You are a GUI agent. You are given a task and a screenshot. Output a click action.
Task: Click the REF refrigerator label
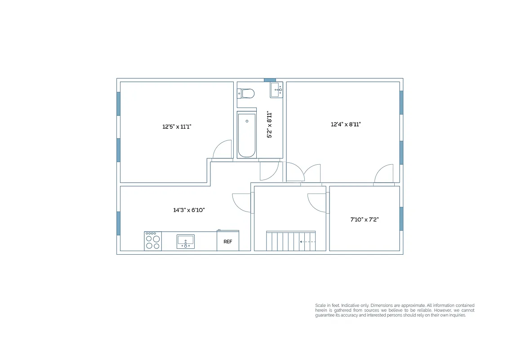point(228,242)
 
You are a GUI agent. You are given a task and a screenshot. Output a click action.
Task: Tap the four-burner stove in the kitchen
point(153,241)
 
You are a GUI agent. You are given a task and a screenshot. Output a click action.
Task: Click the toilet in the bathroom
point(246,94)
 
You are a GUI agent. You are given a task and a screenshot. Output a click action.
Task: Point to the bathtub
point(247,135)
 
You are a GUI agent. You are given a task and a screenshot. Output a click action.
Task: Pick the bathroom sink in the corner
point(276,90)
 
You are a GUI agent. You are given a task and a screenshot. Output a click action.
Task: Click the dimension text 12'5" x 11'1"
point(177,127)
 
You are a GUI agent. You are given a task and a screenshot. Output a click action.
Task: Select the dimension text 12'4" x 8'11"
point(346,124)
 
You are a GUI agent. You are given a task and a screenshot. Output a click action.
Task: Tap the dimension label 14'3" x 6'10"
point(189,210)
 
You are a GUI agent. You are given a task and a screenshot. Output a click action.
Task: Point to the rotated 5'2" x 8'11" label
point(270,125)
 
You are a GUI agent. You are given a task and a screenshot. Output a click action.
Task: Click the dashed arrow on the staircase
point(307,242)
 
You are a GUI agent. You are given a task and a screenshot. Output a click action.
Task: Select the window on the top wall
point(270,80)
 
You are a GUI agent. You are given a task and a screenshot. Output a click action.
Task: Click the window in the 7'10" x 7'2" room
point(401,219)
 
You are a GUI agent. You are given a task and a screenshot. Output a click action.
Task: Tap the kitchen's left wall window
point(119,223)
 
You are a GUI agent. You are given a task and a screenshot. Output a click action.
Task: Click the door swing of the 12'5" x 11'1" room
point(222,150)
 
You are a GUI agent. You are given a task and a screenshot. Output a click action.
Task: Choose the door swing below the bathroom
point(269,171)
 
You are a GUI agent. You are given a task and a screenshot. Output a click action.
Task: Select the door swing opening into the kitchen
point(241,202)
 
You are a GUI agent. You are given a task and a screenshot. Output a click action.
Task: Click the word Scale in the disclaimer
point(321,305)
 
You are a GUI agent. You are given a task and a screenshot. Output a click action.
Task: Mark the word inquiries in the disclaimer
point(457,315)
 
